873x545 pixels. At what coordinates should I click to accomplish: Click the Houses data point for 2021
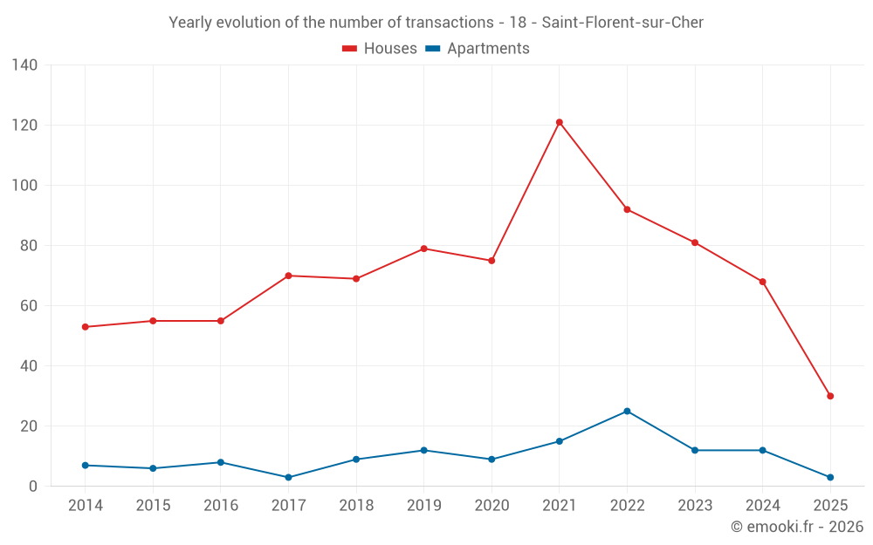tap(560, 122)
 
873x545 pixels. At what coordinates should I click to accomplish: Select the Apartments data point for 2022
tap(627, 411)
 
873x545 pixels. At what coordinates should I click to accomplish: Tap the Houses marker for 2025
tap(830, 396)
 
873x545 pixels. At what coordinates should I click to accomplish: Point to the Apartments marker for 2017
tap(288, 477)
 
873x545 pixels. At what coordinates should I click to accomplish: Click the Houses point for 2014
tap(85, 327)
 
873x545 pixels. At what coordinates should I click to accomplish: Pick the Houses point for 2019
tap(424, 249)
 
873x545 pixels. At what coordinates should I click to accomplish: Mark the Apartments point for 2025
tap(830, 477)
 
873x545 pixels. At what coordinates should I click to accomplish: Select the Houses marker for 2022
tap(627, 209)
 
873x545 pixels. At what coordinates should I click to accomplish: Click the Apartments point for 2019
tap(424, 450)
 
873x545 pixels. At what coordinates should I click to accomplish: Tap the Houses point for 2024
tap(762, 282)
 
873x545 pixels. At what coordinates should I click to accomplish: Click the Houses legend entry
tap(380, 49)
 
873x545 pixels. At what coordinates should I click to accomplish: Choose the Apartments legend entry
tap(478, 49)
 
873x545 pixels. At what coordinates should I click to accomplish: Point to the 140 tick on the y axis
tap(24, 65)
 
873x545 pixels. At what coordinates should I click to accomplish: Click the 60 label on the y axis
tap(29, 306)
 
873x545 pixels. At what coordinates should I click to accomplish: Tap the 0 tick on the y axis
tap(33, 487)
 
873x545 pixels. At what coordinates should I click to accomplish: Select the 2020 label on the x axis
tap(491, 506)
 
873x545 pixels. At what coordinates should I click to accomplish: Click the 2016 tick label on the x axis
tap(220, 506)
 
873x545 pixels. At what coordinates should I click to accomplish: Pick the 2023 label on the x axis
tap(695, 506)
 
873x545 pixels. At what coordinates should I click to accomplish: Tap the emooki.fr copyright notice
tap(796, 527)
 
